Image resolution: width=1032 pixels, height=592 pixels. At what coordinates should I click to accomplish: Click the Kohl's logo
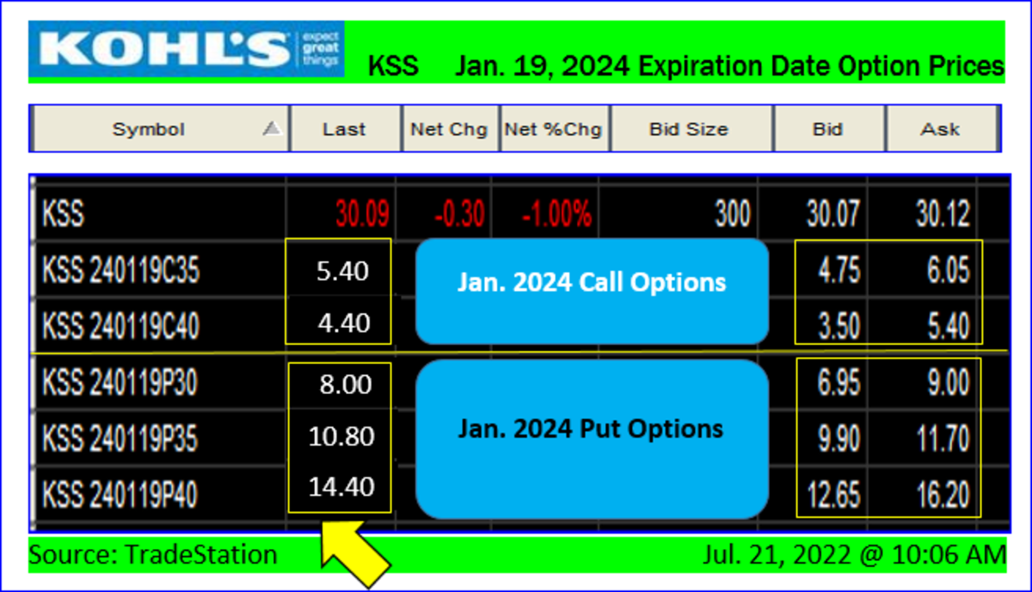186,49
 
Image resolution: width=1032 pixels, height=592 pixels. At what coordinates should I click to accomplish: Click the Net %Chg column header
554,129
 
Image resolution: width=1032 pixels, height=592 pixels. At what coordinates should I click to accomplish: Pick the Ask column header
941,129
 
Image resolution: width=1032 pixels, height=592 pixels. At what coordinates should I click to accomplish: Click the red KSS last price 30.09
363,214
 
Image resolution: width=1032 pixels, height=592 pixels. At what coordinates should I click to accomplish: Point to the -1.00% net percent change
557,214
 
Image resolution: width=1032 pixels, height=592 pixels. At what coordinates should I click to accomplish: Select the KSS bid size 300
733,214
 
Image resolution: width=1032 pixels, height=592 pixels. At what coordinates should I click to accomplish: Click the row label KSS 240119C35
121,270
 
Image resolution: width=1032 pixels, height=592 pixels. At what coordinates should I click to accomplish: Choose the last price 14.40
341,487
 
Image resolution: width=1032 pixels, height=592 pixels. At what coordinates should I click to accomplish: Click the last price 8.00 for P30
346,384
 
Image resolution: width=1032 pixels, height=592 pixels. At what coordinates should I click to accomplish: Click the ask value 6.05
949,270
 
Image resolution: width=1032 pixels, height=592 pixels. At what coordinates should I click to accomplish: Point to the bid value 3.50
839,326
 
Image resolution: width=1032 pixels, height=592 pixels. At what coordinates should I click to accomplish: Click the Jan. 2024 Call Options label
592,282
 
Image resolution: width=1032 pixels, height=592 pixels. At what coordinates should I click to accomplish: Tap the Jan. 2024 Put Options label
591,429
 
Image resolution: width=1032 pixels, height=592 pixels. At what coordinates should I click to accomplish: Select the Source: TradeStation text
153,555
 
